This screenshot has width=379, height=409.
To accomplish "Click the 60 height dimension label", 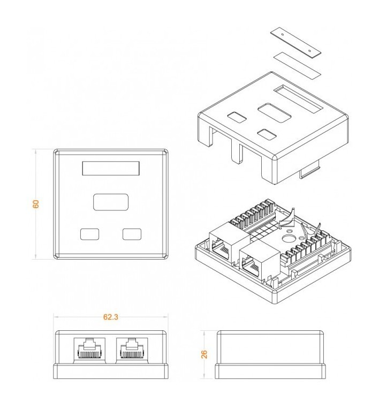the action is [x=36, y=204].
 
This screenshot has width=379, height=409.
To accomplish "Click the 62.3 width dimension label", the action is [x=111, y=317].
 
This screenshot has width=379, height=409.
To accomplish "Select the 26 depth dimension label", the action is [x=204, y=354].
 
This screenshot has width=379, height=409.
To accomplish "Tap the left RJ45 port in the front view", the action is [x=89, y=350].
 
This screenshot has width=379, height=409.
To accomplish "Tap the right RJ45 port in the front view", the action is [x=132, y=350].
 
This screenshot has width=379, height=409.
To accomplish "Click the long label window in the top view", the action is [x=111, y=168].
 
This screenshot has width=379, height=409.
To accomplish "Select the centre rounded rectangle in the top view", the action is [x=111, y=202].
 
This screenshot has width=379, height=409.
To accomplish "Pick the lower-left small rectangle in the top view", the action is [x=90, y=234].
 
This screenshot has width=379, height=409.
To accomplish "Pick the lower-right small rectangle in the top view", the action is [x=132, y=234].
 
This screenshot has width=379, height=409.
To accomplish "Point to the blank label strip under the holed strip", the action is [x=297, y=65].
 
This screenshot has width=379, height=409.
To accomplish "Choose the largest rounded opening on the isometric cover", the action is [x=275, y=113].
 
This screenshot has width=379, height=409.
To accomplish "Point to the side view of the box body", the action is [x=270, y=355].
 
